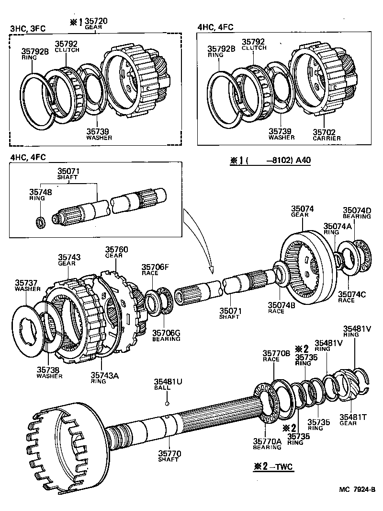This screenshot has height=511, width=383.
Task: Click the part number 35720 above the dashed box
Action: (x=96, y=22)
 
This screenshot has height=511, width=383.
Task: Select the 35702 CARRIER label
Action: (x=327, y=135)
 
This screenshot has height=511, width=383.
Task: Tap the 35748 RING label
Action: (x=39, y=194)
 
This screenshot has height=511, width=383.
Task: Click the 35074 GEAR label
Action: (x=302, y=211)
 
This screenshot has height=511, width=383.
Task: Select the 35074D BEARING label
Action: (x=357, y=213)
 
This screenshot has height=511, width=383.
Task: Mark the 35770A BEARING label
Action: (x=267, y=444)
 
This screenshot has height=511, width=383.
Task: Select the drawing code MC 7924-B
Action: (x=357, y=489)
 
